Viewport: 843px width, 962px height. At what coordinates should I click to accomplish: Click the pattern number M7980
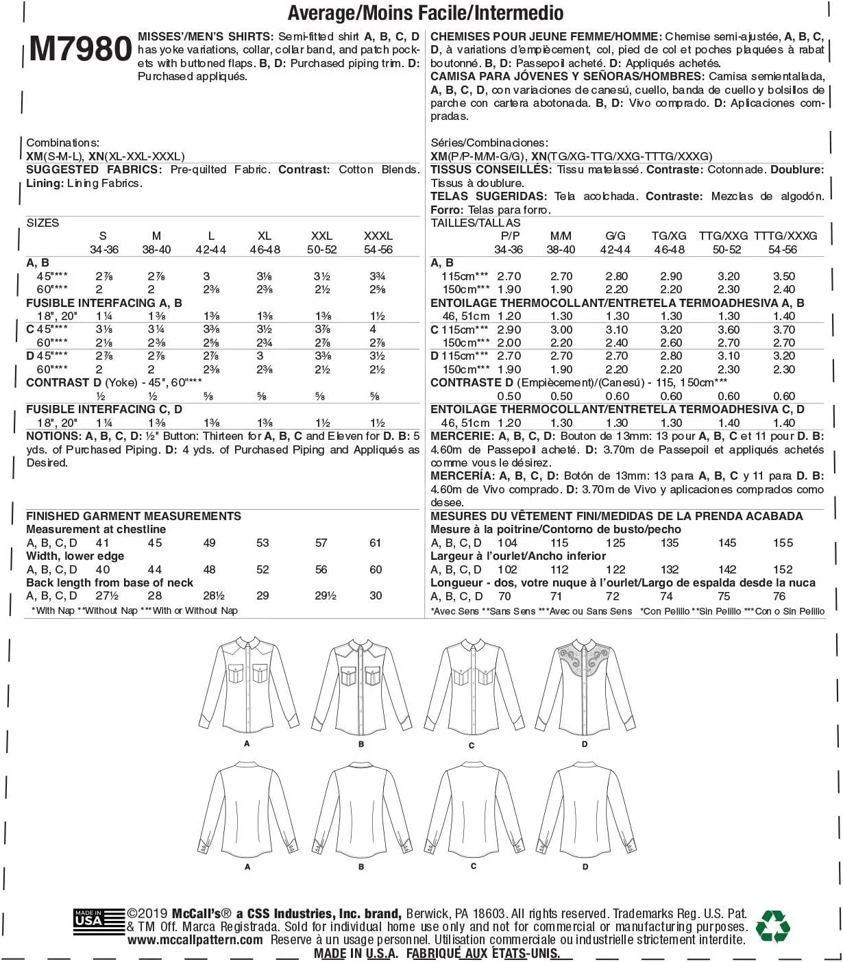click(x=81, y=49)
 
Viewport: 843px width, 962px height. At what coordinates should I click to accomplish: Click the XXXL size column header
click(x=378, y=236)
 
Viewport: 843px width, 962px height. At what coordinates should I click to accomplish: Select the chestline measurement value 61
click(x=375, y=543)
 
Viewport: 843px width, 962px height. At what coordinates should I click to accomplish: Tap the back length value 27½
click(x=107, y=596)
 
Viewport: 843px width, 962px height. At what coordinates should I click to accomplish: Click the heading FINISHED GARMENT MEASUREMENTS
click(x=134, y=516)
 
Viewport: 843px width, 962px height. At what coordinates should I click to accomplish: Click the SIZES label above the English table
click(x=42, y=223)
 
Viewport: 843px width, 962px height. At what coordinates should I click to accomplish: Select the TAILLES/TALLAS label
click(x=476, y=223)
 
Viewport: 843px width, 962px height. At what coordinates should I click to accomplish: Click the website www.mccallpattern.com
click(x=195, y=940)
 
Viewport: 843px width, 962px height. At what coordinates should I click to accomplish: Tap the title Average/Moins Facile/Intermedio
click(x=426, y=12)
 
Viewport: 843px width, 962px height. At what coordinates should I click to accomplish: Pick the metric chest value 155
click(x=783, y=543)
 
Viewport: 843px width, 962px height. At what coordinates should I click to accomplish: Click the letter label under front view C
click(x=472, y=745)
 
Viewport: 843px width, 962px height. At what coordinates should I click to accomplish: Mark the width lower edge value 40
click(x=103, y=569)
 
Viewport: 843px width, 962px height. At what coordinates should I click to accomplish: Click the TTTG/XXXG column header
click(x=785, y=236)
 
